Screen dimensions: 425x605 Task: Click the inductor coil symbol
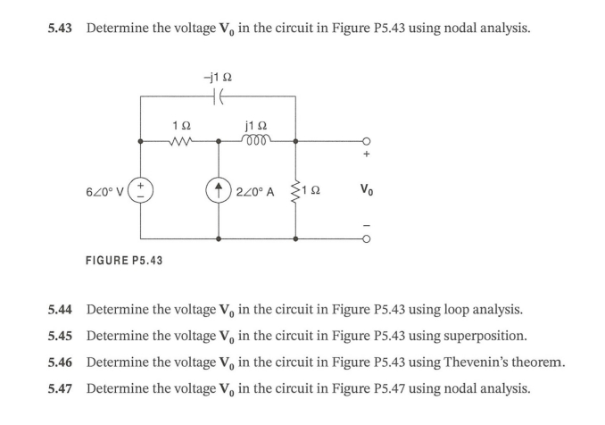tap(258, 139)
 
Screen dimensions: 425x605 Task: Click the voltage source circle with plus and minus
tap(141, 190)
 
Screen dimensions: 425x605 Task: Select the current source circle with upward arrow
tap(219, 190)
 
